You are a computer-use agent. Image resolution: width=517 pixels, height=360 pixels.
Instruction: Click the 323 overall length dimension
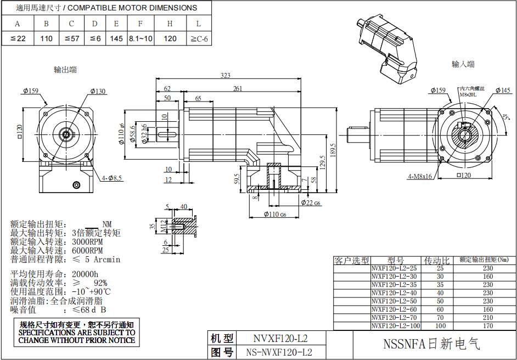[225, 75]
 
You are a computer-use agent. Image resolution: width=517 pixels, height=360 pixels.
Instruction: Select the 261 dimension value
[238, 88]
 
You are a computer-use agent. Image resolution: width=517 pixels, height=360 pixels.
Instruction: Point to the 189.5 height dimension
[333, 149]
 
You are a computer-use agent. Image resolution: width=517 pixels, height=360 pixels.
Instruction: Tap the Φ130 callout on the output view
[98, 91]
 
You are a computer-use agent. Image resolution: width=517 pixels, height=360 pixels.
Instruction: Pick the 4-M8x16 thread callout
[420, 177]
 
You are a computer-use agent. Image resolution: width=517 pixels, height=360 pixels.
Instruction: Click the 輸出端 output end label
[65, 70]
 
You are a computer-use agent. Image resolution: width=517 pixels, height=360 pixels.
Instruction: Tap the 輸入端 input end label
[463, 64]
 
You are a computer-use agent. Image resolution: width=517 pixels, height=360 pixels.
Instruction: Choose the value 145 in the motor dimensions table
[116, 38]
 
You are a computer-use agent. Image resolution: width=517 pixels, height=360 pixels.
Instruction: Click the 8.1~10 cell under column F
[141, 38]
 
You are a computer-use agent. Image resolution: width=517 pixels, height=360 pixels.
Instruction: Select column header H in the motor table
[170, 24]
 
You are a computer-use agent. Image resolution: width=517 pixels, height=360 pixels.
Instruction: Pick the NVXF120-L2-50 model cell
[395, 301]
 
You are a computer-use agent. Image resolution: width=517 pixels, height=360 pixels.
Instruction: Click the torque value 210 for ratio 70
[488, 318]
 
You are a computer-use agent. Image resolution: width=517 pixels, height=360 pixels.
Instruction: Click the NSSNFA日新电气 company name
[431, 345]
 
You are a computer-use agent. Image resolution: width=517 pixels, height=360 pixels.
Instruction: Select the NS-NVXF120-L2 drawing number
[279, 352]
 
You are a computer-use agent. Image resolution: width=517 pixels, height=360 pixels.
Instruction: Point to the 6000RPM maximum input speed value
[87, 250]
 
